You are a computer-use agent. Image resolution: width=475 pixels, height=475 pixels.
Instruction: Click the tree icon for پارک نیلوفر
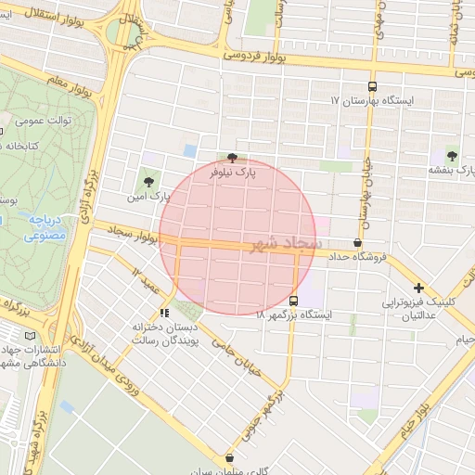[231, 158]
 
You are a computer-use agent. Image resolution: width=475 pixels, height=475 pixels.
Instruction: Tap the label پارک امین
[149, 197]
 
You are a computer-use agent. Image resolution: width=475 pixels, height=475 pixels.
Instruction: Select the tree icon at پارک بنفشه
[452, 156]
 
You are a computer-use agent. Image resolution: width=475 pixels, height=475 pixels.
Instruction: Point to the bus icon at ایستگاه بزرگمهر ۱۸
[294, 302]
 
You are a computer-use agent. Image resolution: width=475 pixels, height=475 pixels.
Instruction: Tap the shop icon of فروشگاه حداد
[358, 242]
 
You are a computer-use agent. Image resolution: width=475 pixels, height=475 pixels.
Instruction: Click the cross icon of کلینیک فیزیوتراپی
[419, 288]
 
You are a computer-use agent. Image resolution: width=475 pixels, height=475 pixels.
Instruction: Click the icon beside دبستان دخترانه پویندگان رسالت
[164, 314]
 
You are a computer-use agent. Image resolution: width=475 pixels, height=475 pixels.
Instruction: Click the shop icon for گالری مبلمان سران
[229, 456]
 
